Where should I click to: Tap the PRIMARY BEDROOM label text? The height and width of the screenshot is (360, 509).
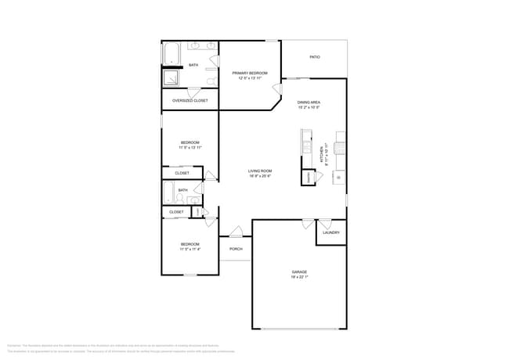[x=250, y=73]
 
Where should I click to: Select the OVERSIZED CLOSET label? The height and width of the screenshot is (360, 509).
[x=190, y=101]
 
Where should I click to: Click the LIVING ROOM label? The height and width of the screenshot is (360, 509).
[x=260, y=171]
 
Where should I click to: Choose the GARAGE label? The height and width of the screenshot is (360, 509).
[x=300, y=272]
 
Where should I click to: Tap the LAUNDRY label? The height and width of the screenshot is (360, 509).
[x=330, y=232]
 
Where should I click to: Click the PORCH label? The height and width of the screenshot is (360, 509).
[x=236, y=249]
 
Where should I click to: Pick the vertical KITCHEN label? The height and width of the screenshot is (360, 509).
[x=322, y=157]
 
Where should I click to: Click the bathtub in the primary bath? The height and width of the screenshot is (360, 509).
[x=171, y=54]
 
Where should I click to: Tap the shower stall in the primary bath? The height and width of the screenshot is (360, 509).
[x=171, y=78]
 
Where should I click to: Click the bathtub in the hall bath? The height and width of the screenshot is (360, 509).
[x=168, y=193]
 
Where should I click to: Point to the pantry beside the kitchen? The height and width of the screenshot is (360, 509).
[x=310, y=178]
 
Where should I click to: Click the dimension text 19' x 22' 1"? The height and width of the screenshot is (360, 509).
[x=300, y=277]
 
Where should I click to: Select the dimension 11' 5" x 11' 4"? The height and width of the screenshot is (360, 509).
[x=190, y=250]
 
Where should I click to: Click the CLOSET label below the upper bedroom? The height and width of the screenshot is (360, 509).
[x=182, y=173]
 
